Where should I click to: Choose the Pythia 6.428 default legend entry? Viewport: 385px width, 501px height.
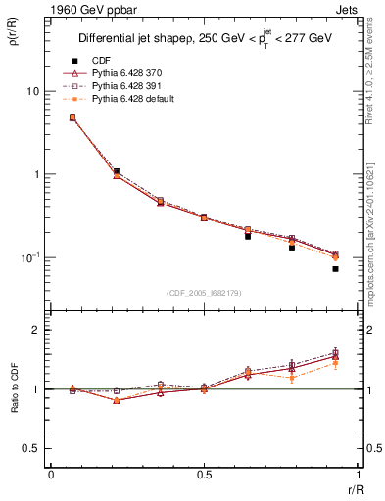[x=130, y=99]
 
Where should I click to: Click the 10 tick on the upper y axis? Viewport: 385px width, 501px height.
[x=31, y=91]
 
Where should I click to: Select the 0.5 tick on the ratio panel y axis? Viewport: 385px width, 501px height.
[x=30, y=449]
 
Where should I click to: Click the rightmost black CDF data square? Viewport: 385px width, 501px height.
[x=335, y=268]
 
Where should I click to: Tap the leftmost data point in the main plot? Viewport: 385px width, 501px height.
[x=72, y=117]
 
